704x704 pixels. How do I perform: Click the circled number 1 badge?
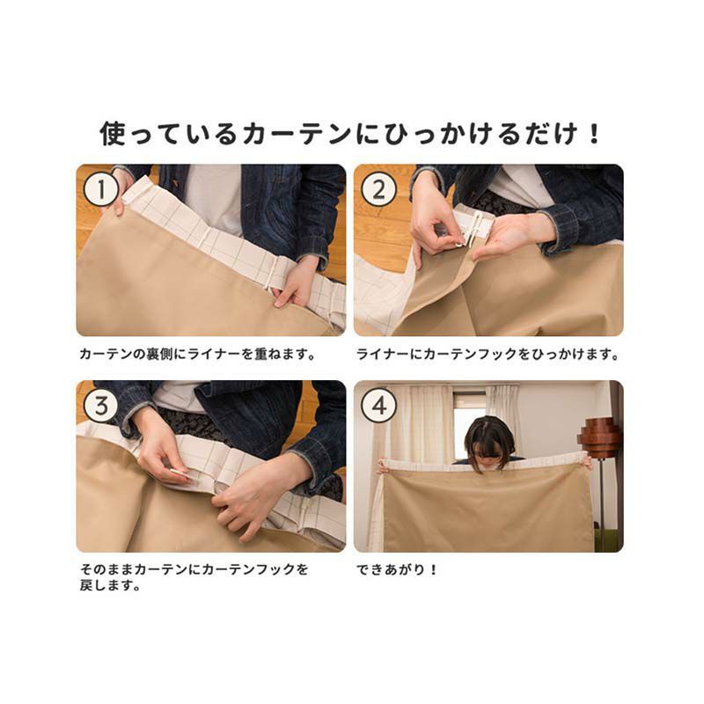click(x=101, y=189)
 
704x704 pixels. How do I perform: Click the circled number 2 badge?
click(x=378, y=189)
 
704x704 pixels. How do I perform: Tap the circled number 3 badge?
click(x=101, y=406)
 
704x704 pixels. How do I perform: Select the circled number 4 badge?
click(x=378, y=406)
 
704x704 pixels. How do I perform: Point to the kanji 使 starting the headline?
click(x=113, y=134)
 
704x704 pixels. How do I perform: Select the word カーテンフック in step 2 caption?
click(x=471, y=355)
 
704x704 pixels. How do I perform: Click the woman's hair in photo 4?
click(x=489, y=436)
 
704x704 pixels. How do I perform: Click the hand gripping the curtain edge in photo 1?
click(x=293, y=282)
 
